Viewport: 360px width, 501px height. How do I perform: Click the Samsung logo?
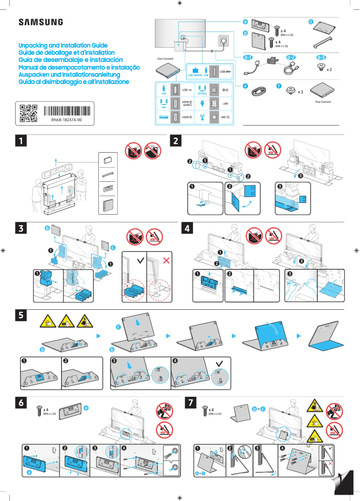(x=40, y=22)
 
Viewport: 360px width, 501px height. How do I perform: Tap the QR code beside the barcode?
(x=28, y=113)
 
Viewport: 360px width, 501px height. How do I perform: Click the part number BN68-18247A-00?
(x=66, y=121)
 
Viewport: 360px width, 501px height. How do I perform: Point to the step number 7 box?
(x=191, y=403)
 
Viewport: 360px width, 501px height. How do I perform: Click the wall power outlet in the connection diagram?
(x=223, y=42)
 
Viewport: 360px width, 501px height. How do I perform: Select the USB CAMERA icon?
(x=195, y=72)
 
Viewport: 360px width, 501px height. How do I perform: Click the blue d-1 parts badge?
(x=248, y=57)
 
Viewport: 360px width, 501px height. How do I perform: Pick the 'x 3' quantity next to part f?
(x=300, y=92)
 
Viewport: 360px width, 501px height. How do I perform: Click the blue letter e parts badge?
(x=245, y=85)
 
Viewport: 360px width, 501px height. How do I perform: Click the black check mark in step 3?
(x=141, y=259)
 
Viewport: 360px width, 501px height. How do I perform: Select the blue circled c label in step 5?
(x=119, y=327)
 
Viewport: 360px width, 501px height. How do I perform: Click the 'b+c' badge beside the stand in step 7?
(x=259, y=409)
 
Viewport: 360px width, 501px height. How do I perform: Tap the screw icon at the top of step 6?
(x=39, y=410)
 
